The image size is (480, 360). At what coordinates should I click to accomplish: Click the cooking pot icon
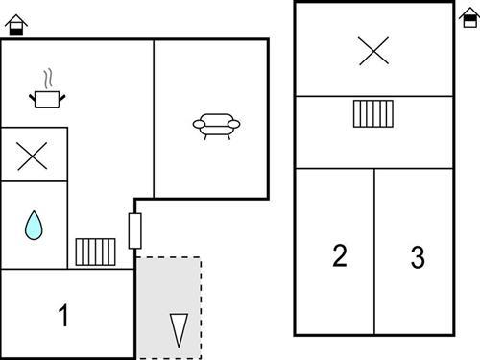pyautogui.click(x=46, y=97)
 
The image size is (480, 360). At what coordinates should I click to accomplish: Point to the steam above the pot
pyautogui.click(x=46, y=77)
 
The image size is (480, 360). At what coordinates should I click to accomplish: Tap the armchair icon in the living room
pyautogui.click(x=216, y=125)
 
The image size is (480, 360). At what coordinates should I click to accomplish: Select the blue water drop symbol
pyautogui.click(x=34, y=226)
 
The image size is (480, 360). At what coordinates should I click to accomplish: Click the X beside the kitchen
pyautogui.click(x=34, y=155)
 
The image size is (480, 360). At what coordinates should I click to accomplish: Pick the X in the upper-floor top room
pyautogui.click(x=373, y=50)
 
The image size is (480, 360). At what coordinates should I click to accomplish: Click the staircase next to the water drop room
pyautogui.click(x=96, y=252)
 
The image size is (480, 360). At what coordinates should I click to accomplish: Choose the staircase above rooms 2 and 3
pyautogui.click(x=373, y=114)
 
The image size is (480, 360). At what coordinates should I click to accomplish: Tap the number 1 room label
pyautogui.click(x=63, y=315)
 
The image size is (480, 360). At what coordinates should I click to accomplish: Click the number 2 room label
pyautogui.click(x=339, y=255)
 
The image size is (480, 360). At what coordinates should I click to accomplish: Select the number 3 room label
pyautogui.click(x=418, y=257)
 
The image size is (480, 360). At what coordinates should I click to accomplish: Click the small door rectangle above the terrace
pyautogui.click(x=135, y=230)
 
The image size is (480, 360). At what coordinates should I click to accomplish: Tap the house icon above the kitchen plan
pyautogui.click(x=17, y=24)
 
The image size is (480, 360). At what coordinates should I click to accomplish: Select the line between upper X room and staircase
pyautogui.click(x=373, y=96)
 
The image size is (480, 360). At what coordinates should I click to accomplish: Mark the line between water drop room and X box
pyautogui.click(x=34, y=182)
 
